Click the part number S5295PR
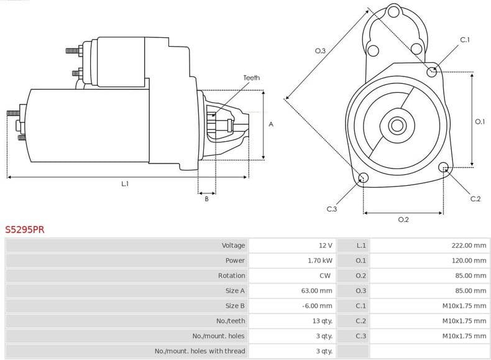[x=25, y=229]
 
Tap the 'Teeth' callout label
[x=251, y=78]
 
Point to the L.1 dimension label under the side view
[x=125, y=183]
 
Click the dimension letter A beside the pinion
[x=270, y=124]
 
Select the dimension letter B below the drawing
[x=206, y=198]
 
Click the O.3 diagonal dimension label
[x=321, y=50]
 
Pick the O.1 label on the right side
[x=479, y=122]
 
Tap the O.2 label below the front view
[x=403, y=219]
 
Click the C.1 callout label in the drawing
[x=464, y=40]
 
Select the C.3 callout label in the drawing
[x=331, y=209]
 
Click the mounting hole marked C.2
[x=444, y=167]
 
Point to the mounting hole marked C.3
[x=364, y=179]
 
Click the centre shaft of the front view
[x=397, y=125]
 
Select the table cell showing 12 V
[x=325, y=246]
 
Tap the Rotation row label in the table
[x=231, y=275]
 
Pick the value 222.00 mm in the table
[x=469, y=246]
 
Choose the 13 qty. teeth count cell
[x=323, y=321]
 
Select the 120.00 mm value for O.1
[x=469, y=261]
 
